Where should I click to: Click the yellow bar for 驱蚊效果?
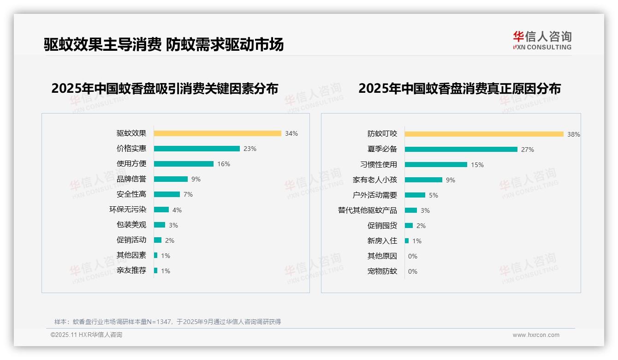coord(217,133)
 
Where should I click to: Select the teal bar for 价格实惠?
coord(196,149)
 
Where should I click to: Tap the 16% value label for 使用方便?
coord(224,164)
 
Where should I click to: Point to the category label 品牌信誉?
coord(131,179)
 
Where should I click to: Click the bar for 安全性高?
coord(166,194)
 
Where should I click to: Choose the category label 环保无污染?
coord(128,210)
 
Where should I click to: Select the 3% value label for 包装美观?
coord(173,225)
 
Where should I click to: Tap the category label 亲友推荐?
coord(131,270)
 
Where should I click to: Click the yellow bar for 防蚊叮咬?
coord(484,134)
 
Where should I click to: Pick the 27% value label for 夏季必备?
coord(528,150)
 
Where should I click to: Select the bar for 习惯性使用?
coord(436,165)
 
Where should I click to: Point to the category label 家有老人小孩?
coord(375,180)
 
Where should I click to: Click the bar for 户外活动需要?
coord(415,195)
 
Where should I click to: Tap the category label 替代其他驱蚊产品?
coord(368,210)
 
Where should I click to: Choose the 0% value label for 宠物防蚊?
coord(413,271)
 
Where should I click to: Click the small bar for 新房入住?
coord(407,241)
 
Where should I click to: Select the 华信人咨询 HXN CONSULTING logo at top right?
coord(542,41)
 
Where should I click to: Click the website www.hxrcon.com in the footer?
coord(536,335)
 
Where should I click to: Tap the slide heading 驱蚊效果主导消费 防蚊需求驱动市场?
coord(164,44)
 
